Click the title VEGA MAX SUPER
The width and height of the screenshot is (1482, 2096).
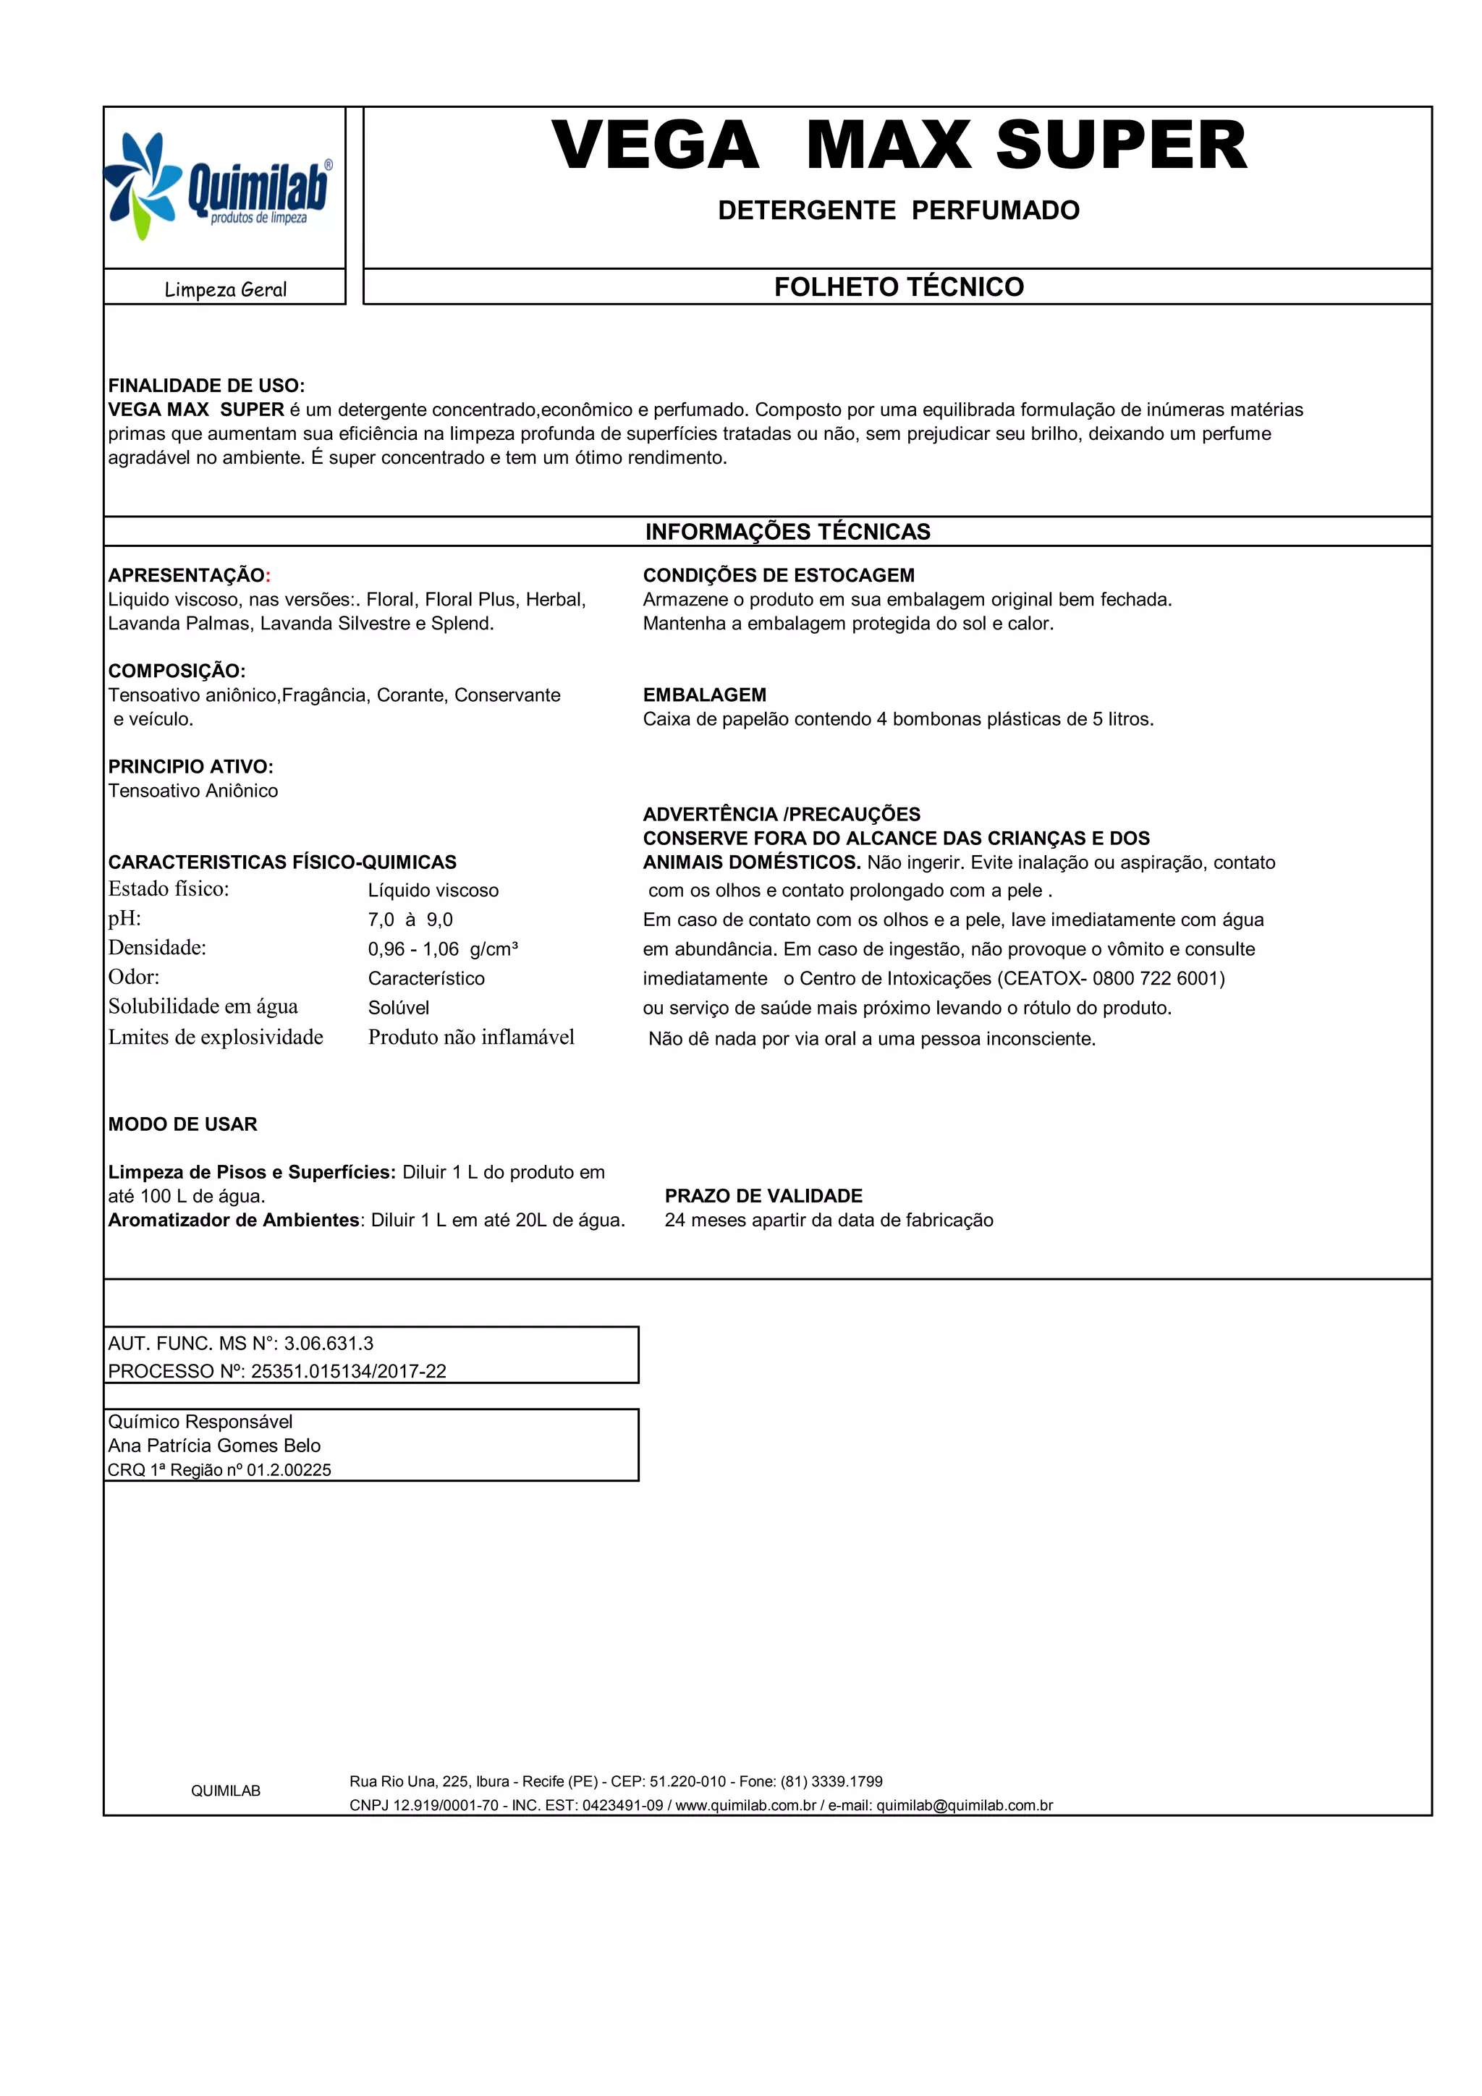(x=899, y=146)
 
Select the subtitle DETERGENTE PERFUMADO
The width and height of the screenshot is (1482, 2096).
(x=899, y=211)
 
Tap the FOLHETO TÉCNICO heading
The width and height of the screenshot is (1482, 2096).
(x=899, y=287)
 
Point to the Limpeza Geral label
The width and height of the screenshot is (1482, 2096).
(x=226, y=289)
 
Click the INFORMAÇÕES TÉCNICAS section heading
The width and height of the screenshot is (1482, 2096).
(x=787, y=533)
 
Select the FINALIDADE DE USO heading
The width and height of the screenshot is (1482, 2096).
(x=206, y=385)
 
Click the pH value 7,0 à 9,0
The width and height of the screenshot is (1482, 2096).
(x=410, y=920)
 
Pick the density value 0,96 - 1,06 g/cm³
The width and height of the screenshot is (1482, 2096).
(x=443, y=949)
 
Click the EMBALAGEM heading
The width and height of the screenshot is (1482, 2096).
(x=704, y=695)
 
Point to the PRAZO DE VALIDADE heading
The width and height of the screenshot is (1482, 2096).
(x=763, y=1196)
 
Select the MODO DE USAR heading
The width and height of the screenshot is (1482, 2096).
(x=182, y=1124)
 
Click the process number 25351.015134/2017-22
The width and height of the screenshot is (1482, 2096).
(x=349, y=1371)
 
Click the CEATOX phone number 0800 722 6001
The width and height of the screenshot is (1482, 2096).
(x=1158, y=979)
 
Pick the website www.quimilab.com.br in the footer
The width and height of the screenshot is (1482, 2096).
(x=745, y=1806)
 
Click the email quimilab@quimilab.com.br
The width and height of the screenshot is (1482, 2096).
(x=965, y=1806)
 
